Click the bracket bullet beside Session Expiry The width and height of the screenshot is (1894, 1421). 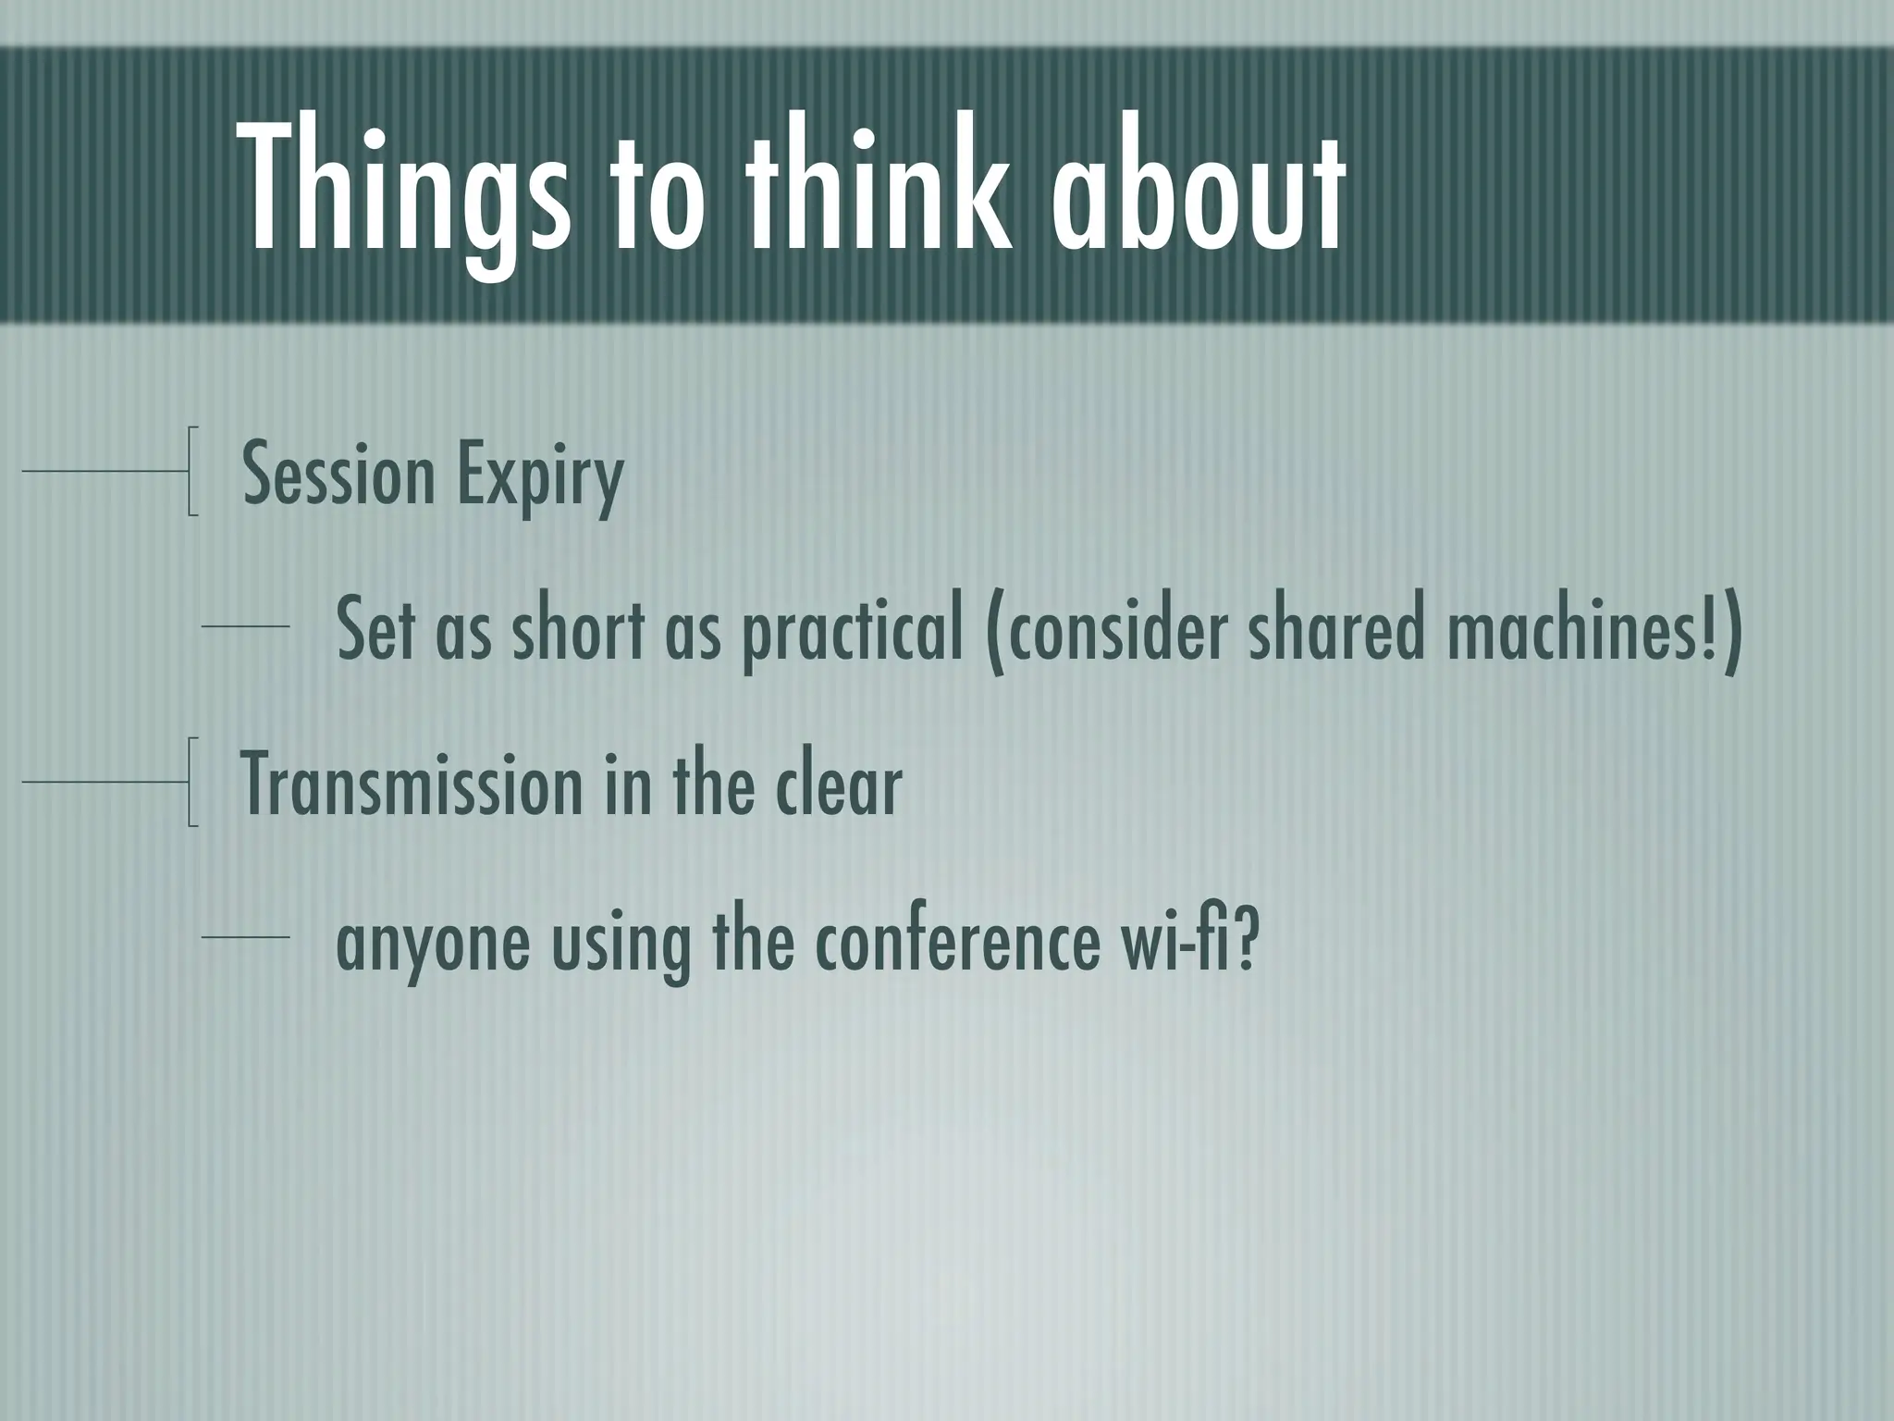(x=191, y=470)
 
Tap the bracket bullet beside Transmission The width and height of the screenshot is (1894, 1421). (x=191, y=782)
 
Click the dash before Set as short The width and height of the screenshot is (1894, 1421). (x=245, y=628)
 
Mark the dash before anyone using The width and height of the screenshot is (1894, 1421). (x=245, y=938)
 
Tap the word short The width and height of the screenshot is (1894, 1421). (x=578, y=629)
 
